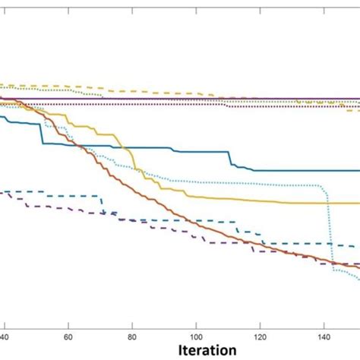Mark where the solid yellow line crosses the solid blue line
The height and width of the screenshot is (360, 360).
click(x=125, y=147)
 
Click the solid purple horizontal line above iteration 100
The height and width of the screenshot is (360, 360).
click(x=196, y=98)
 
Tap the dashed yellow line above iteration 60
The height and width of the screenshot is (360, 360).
click(x=68, y=85)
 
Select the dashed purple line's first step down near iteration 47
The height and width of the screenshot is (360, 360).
click(x=27, y=203)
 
